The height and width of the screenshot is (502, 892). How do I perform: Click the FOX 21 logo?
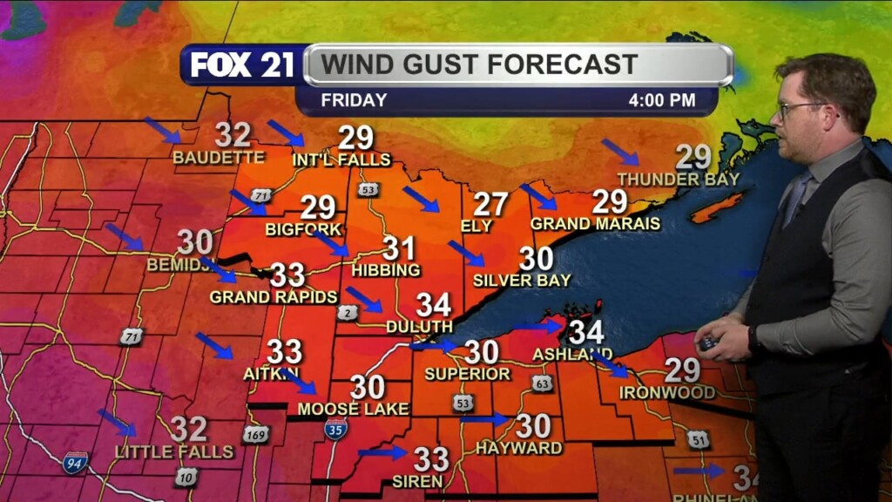(242, 64)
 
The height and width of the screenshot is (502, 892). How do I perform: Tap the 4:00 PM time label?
(662, 100)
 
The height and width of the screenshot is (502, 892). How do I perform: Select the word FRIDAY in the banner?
(354, 100)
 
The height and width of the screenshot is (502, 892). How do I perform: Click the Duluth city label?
(420, 326)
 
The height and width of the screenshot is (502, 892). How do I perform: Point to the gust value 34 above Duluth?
(433, 304)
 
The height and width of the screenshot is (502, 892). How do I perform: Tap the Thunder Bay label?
(678, 180)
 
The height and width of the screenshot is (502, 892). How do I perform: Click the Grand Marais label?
(595, 224)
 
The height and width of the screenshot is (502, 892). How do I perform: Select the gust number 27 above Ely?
(490, 205)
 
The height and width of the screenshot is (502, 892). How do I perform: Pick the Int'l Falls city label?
(341, 159)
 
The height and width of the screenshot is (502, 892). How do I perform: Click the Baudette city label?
(218, 158)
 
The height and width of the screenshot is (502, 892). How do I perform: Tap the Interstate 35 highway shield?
(335, 428)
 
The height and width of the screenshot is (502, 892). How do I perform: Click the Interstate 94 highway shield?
(76, 462)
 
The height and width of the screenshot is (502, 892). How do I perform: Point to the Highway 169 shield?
(255, 433)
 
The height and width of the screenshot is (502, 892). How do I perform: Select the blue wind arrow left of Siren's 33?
(382, 452)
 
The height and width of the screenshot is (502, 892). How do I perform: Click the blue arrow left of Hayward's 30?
(484, 420)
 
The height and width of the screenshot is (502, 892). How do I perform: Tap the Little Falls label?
(174, 451)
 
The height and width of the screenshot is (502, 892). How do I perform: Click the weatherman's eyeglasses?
(801, 109)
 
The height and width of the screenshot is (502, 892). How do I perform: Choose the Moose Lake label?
(341, 408)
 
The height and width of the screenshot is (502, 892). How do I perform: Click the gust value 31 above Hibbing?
(398, 248)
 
